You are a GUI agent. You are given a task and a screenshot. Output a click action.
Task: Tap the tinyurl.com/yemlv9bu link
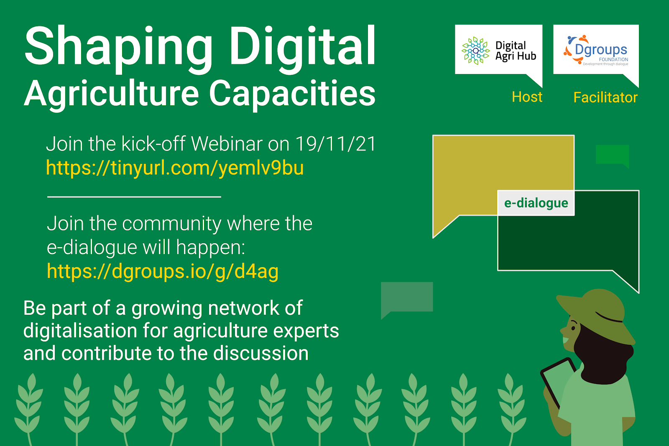coord(175,168)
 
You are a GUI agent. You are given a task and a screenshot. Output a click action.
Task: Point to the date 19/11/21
coord(335,144)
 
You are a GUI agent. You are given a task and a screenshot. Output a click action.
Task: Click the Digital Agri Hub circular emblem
coord(475,51)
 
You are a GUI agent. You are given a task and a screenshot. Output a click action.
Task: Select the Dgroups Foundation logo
coord(596,50)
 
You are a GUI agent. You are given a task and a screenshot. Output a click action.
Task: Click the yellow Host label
coord(527,97)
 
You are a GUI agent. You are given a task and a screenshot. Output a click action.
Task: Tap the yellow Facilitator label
coord(605,98)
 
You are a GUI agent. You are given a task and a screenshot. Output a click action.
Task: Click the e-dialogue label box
coord(536,203)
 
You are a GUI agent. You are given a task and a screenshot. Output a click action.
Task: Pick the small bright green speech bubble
coord(613,156)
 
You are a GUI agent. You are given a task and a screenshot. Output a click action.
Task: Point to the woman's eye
coord(573,328)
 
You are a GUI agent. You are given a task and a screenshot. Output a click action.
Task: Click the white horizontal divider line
coord(134,197)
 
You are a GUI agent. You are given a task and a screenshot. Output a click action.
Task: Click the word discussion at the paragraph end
coord(261,353)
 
